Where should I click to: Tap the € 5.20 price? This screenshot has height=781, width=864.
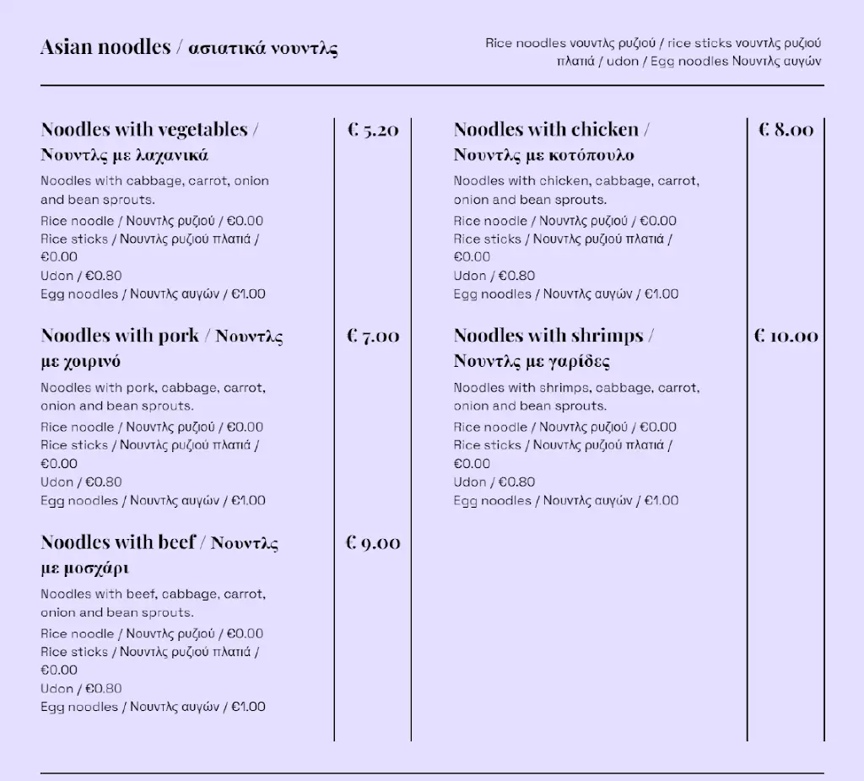373,130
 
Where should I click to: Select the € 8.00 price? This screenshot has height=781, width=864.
786,130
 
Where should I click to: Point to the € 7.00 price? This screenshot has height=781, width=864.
373,337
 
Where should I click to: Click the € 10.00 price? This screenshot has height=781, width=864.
786,337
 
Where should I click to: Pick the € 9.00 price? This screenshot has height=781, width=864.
373,543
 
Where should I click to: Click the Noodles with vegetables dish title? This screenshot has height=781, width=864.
144,130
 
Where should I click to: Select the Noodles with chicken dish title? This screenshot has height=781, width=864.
546,130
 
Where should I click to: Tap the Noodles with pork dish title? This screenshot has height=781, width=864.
120,337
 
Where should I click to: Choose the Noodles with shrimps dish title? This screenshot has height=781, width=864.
548,337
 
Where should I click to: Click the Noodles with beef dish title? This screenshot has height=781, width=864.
118,542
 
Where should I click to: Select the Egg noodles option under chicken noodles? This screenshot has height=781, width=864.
565,294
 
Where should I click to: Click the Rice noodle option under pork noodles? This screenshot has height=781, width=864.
152,428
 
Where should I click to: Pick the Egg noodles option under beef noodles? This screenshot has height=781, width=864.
153,707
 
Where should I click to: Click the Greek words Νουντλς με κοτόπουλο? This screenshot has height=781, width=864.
543,155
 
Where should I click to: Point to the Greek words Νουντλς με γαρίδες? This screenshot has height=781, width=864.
532,362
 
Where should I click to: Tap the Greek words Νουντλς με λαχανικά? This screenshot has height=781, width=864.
124,155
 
